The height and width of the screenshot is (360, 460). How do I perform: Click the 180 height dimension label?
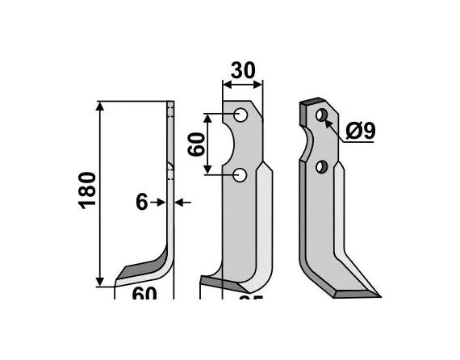point(87,190)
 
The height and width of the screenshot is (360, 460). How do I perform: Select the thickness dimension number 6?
point(142,202)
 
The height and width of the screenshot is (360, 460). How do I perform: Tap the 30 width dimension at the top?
point(242,71)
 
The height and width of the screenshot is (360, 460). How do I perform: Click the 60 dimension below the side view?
point(143,296)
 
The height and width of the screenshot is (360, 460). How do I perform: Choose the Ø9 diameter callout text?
point(360,131)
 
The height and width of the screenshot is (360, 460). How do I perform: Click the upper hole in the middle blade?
point(240,115)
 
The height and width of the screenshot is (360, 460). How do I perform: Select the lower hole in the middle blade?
point(240,175)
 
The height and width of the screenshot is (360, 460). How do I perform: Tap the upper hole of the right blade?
point(322,115)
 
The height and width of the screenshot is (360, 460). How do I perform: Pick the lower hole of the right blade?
point(321,167)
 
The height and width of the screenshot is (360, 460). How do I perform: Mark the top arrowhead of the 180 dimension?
point(101,106)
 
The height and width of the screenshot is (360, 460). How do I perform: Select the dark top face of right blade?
point(311,103)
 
